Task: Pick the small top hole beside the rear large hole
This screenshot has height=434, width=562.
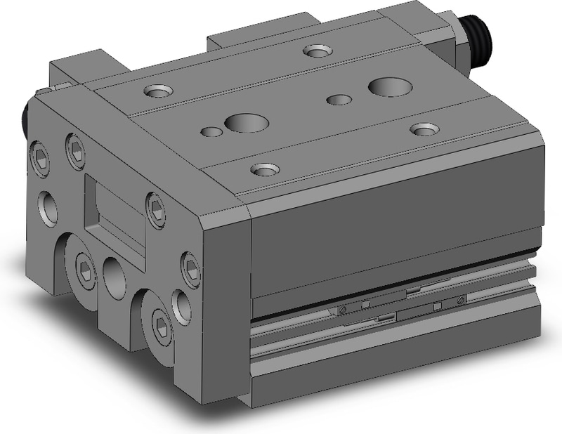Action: tap(339, 99)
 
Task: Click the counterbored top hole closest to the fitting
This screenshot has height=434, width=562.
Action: tap(318, 51)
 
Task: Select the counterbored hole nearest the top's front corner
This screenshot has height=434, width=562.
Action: tap(264, 169)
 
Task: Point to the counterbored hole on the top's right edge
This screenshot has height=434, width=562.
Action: tap(424, 129)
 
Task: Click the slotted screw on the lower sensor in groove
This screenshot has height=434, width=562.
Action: tap(341, 310)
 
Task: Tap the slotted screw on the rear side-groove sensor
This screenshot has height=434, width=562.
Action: tap(461, 300)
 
